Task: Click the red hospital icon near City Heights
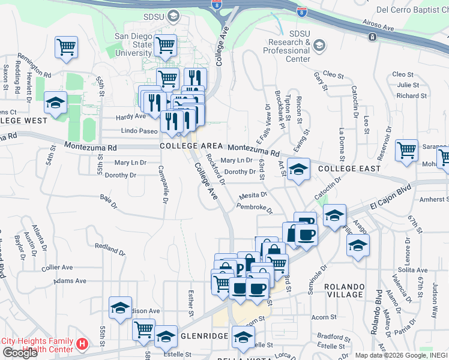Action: (x=83, y=344)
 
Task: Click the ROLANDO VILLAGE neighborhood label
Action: (x=344, y=290)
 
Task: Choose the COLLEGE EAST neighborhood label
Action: (x=349, y=169)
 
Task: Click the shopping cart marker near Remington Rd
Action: (x=66, y=47)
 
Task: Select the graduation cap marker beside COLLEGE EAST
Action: (x=298, y=170)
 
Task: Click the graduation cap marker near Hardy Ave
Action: (x=55, y=103)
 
